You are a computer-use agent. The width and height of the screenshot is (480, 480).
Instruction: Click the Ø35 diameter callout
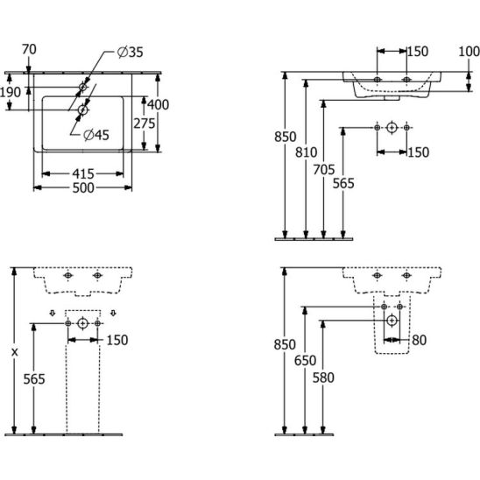tap(131, 53)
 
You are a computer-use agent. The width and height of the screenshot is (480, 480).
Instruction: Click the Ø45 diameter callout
tap(96, 135)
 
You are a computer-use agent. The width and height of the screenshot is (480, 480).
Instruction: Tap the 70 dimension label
tap(29, 49)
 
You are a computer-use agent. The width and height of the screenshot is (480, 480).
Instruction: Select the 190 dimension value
tap(11, 92)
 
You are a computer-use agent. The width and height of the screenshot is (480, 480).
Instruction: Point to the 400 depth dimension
tap(159, 105)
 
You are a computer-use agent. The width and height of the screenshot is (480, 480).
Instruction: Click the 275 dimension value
tap(145, 124)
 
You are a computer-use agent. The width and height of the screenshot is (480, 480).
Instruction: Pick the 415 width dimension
tap(83, 174)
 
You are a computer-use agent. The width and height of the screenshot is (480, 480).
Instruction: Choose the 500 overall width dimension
tap(83, 188)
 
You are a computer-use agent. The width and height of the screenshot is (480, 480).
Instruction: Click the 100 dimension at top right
tap(469, 52)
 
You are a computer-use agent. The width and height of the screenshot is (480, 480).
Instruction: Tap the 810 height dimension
tap(306, 152)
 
